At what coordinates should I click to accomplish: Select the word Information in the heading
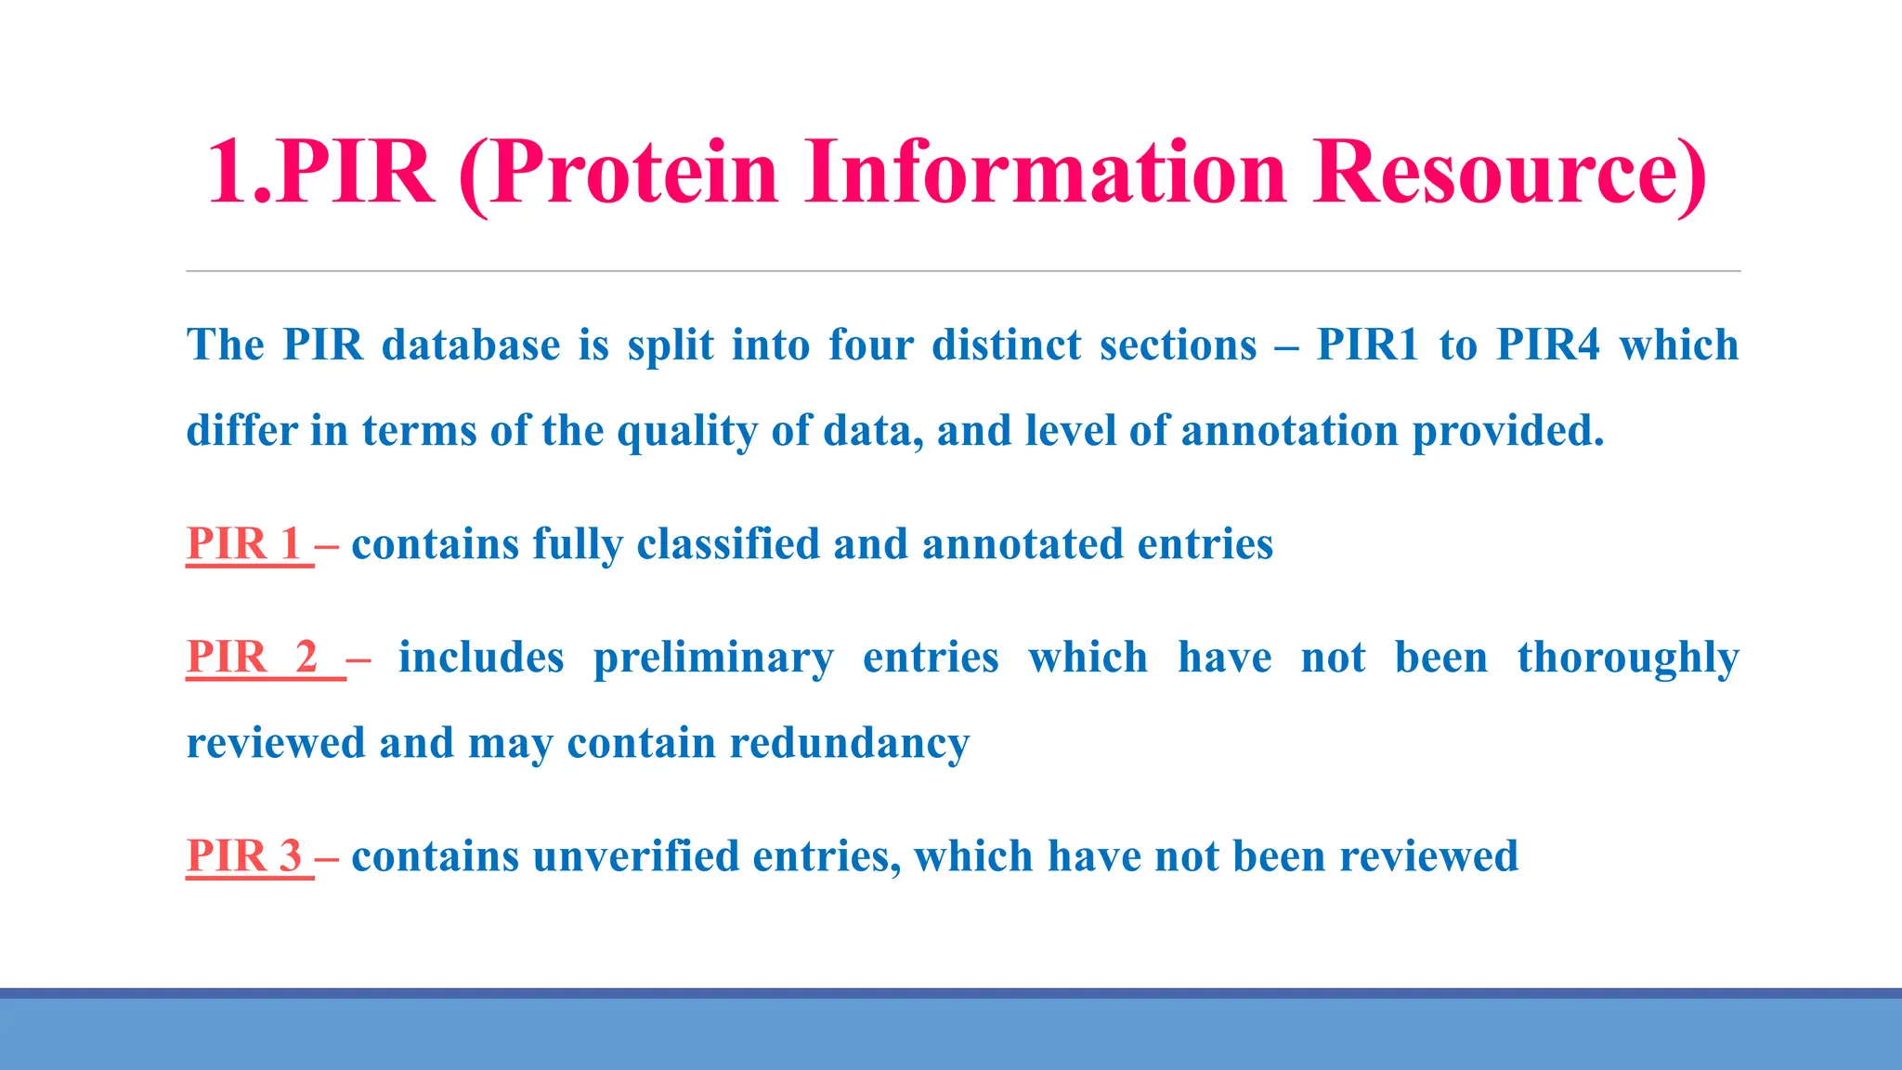(x=1046, y=173)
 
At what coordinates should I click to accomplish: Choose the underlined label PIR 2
(x=253, y=658)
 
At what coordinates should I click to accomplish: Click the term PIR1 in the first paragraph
(x=1368, y=346)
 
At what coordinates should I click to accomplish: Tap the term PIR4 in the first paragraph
(x=1549, y=346)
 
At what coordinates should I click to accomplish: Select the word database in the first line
(x=471, y=346)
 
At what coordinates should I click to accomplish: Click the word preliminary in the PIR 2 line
(x=713, y=658)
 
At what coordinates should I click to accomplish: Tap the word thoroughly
(x=1628, y=658)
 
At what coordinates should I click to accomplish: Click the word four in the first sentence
(x=871, y=346)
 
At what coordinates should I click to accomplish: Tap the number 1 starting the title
(x=228, y=173)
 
